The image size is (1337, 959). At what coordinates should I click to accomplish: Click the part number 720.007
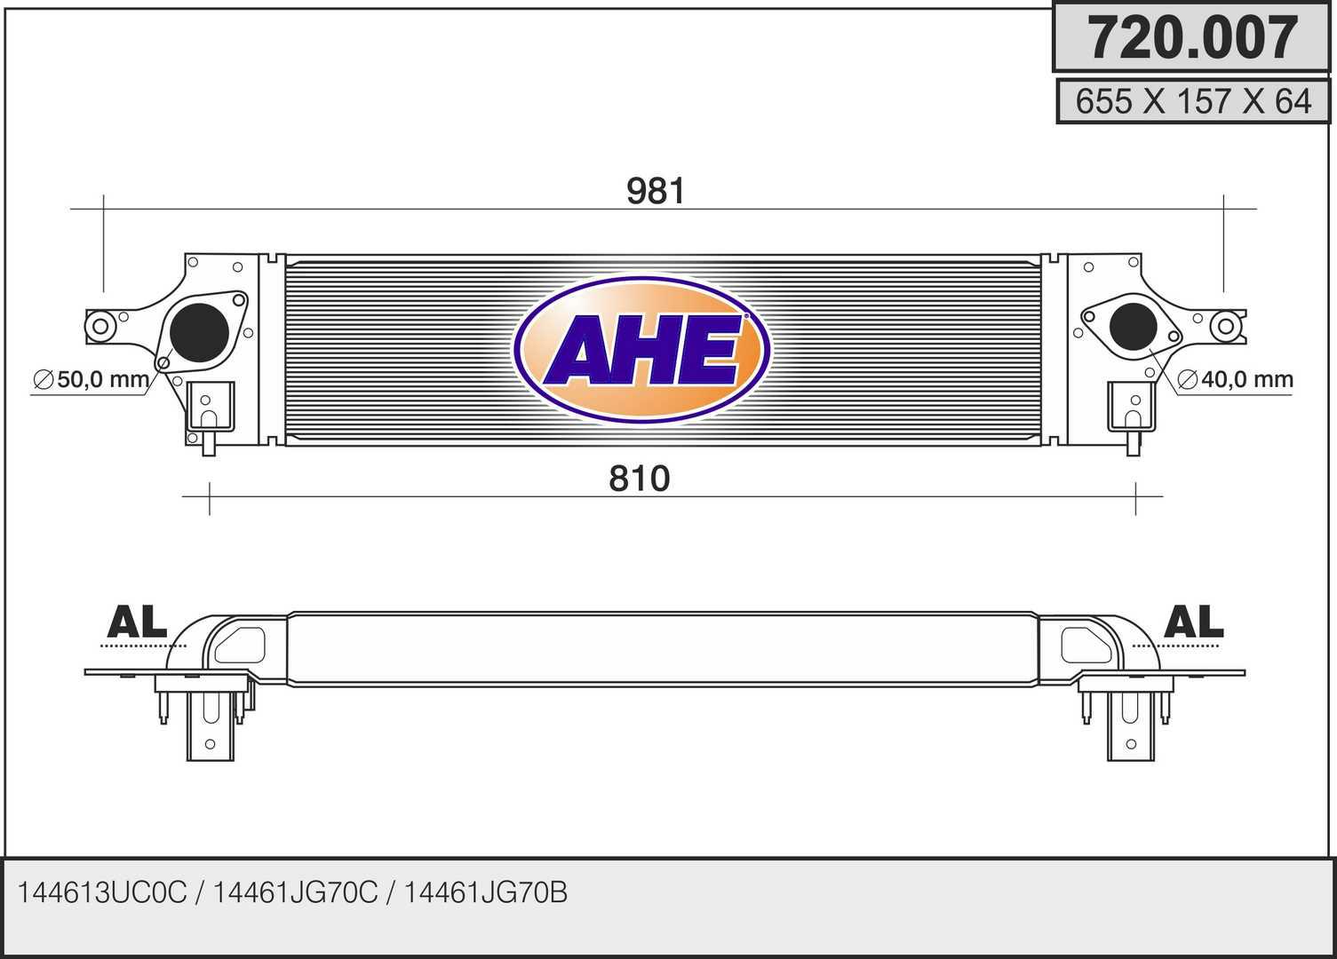(x=1192, y=37)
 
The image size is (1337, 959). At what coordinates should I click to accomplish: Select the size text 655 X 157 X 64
(x=1193, y=101)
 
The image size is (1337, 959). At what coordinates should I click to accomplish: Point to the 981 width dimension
(x=656, y=191)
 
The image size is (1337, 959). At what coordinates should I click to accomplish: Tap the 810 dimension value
(x=640, y=479)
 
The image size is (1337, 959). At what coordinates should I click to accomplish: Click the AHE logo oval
(x=641, y=349)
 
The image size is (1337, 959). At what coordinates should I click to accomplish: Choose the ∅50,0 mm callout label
(x=91, y=379)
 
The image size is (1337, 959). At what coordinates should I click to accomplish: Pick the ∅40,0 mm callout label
(x=1235, y=379)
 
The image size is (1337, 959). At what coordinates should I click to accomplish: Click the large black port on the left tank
(x=199, y=332)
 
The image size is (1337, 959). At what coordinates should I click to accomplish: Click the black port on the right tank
(x=1133, y=327)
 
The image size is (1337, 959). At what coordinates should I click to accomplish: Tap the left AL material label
(x=137, y=622)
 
